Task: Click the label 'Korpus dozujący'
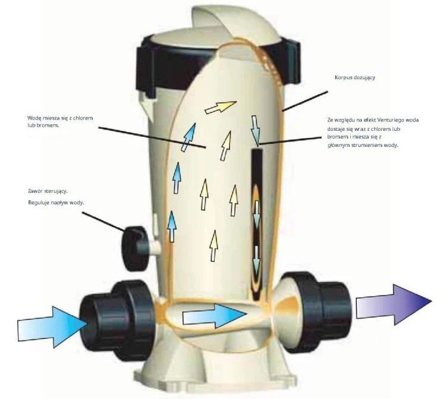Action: tap(355, 77)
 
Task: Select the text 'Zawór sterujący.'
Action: tap(48, 191)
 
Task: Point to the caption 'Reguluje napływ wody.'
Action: tap(56, 203)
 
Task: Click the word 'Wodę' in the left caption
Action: tap(34, 118)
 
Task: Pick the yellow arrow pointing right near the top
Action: tap(221, 107)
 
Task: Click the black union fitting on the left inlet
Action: tap(118, 319)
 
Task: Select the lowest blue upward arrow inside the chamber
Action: tap(172, 227)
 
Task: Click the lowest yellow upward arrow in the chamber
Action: tap(214, 246)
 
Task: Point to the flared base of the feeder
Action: tap(216, 370)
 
